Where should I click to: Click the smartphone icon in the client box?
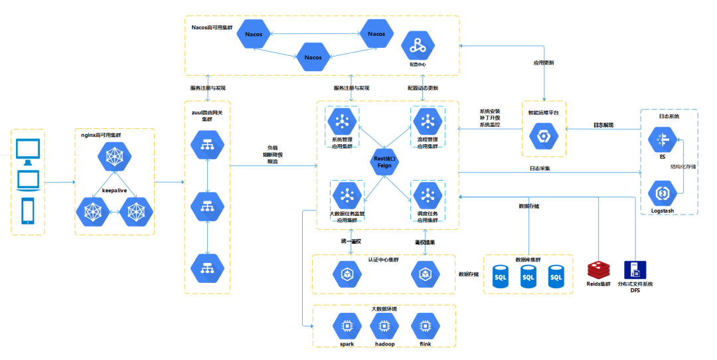click(x=28, y=210)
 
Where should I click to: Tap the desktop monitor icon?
click(x=27, y=152)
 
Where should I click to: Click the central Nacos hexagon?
click(x=313, y=57)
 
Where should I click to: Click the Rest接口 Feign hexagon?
click(x=384, y=161)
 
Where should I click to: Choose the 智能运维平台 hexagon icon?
click(x=543, y=136)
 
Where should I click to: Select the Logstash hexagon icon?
click(x=662, y=193)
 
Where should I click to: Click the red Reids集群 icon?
click(x=598, y=270)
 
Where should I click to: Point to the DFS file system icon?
click(x=635, y=270)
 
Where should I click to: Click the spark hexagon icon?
click(x=347, y=326)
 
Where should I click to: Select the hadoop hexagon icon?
click(x=383, y=326)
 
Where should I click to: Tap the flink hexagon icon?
click(x=426, y=326)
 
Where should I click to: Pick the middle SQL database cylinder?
click(x=528, y=276)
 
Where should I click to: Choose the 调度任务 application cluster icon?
click(x=426, y=195)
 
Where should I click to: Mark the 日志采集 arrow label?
click(x=539, y=169)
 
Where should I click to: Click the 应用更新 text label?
click(x=544, y=63)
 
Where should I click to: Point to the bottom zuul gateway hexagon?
click(x=207, y=268)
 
